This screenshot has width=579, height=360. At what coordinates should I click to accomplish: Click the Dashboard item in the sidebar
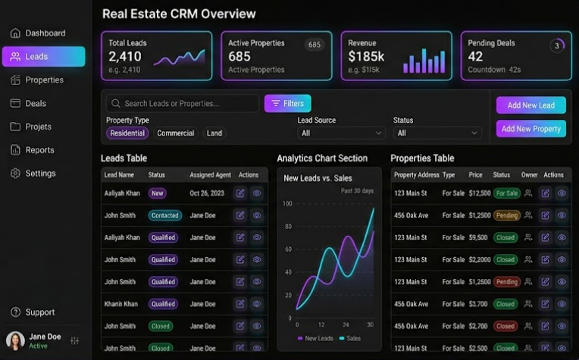[x=44, y=33]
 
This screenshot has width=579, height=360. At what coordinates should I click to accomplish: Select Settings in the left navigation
[x=39, y=174]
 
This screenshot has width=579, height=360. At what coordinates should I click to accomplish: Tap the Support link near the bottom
[x=39, y=312]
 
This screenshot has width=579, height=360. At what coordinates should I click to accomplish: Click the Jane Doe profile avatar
[x=15, y=340]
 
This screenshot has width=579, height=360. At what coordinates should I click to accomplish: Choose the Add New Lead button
[x=530, y=105]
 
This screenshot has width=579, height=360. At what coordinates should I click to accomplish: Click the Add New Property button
[x=530, y=129]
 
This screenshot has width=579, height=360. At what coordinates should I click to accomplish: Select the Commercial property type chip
[x=175, y=133]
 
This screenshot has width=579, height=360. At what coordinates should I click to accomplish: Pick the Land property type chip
[x=214, y=133]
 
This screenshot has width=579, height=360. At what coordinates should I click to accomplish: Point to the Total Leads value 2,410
[x=124, y=57]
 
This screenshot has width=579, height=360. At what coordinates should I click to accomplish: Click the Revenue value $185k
[x=366, y=57]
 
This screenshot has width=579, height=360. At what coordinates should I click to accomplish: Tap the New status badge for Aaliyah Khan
[x=157, y=193]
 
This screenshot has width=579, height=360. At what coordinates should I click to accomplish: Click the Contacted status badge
[x=164, y=215]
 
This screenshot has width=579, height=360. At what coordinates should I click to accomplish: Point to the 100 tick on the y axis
[x=286, y=203]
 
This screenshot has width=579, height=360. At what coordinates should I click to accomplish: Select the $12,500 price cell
[x=480, y=193]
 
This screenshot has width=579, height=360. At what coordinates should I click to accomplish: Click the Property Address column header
[x=416, y=175]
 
